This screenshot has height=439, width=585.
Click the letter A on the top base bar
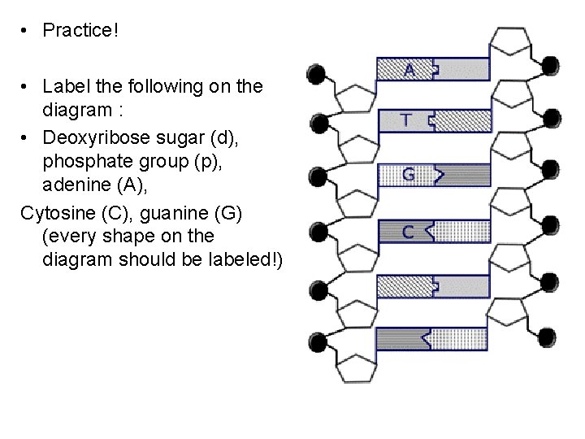(409, 70)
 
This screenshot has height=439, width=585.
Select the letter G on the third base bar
(409, 175)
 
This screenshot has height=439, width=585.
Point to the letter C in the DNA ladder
(408, 232)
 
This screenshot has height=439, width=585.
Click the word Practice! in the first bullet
(80, 31)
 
